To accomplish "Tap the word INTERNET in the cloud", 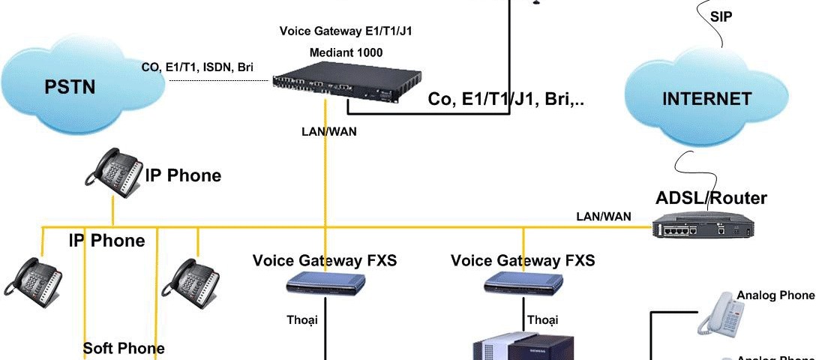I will pyautogui.click(x=706, y=99).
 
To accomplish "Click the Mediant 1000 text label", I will pyautogui.click(x=346, y=52).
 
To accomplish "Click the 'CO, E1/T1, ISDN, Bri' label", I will pyautogui.click(x=197, y=67).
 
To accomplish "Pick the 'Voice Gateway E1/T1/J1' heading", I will pyautogui.click(x=346, y=31).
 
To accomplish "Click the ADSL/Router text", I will pyautogui.click(x=711, y=198).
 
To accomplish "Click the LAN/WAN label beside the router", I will pyautogui.click(x=603, y=217).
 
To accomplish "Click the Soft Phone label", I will pyautogui.click(x=124, y=348).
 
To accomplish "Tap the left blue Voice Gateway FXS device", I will pyautogui.click(x=325, y=283).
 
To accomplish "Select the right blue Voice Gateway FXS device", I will pyautogui.click(x=523, y=283).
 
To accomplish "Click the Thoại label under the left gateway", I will pyautogui.click(x=302, y=320).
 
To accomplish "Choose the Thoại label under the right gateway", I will pyautogui.click(x=542, y=320).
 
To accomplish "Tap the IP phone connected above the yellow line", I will pyautogui.click(x=112, y=174).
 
